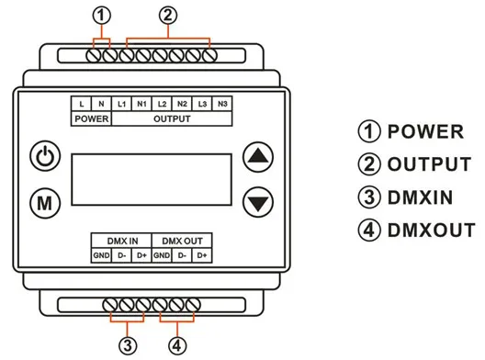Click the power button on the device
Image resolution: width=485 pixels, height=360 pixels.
[x=43, y=156]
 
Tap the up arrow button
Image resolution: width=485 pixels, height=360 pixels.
[x=258, y=156]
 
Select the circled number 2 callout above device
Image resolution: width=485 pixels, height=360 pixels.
[x=166, y=15]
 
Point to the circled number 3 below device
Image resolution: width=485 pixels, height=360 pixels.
[x=128, y=345]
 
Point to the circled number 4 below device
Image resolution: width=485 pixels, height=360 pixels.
[x=177, y=345]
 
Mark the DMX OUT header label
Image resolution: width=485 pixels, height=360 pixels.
[x=182, y=241]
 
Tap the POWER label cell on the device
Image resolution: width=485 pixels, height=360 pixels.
[x=92, y=118]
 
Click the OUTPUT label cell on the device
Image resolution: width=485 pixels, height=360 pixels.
[x=172, y=118]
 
